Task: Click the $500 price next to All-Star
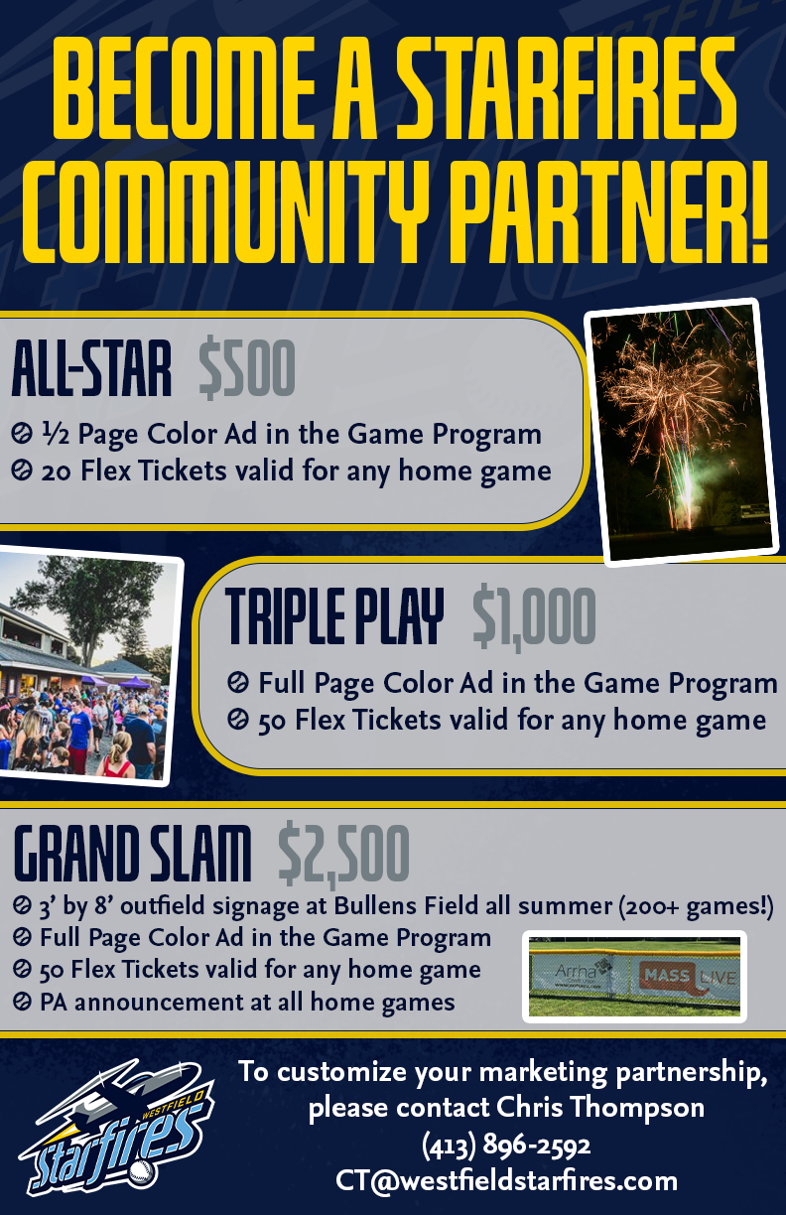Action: pyautogui.click(x=247, y=368)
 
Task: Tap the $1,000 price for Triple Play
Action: pyautogui.click(x=534, y=618)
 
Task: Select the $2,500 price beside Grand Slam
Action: pyautogui.click(x=344, y=853)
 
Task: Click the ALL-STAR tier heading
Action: pyautogui.click(x=91, y=368)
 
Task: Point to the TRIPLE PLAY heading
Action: pyautogui.click(x=334, y=617)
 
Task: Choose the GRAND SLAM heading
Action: pyautogui.click(x=132, y=853)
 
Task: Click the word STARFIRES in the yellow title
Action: pyautogui.click(x=567, y=87)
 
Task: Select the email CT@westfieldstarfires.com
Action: pyautogui.click(x=507, y=1180)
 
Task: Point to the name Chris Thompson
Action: pyautogui.click(x=600, y=1107)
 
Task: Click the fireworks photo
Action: pyautogui.click(x=682, y=433)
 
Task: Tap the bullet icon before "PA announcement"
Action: pyautogui.click(x=22, y=1002)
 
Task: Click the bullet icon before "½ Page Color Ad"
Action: pyautogui.click(x=22, y=434)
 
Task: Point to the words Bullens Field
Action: pyautogui.click(x=405, y=905)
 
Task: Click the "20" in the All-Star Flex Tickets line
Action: pyautogui.click(x=57, y=471)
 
